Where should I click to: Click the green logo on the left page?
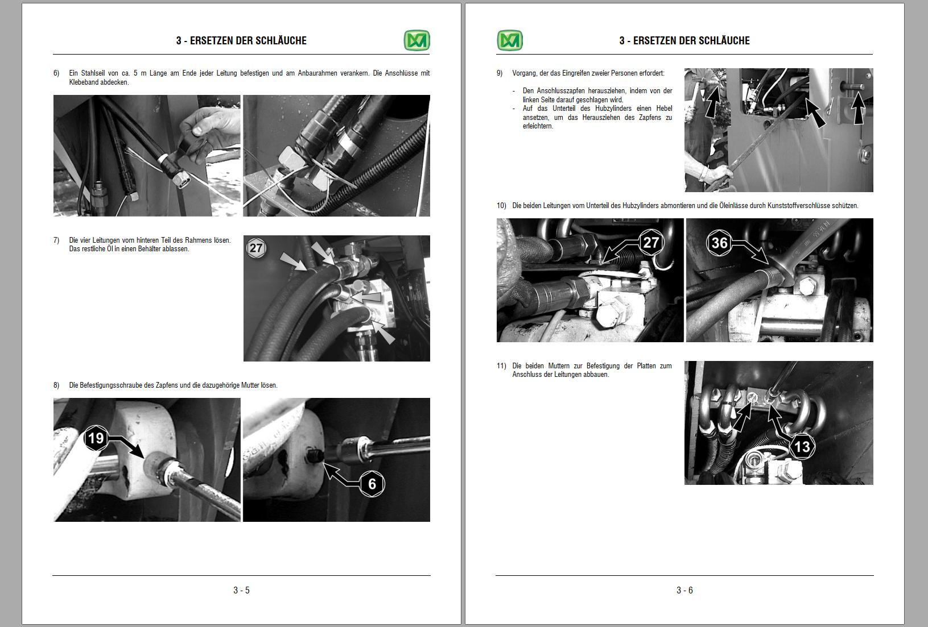coord(416,40)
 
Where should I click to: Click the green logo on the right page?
coord(510,40)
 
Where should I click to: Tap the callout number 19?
coord(96,438)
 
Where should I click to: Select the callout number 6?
coord(372,484)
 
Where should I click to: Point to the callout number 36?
coord(719,243)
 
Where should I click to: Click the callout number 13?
coord(802,447)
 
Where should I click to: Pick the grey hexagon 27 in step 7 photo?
coord(256,248)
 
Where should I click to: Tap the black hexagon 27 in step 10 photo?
coord(651,243)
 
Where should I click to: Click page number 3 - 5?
coord(241,590)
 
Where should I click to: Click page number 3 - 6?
coord(684,590)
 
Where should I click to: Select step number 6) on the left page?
coord(56,73)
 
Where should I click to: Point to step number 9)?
coord(500,73)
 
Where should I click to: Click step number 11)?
coord(501,366)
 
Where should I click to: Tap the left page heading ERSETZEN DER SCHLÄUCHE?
coord(248,40)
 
